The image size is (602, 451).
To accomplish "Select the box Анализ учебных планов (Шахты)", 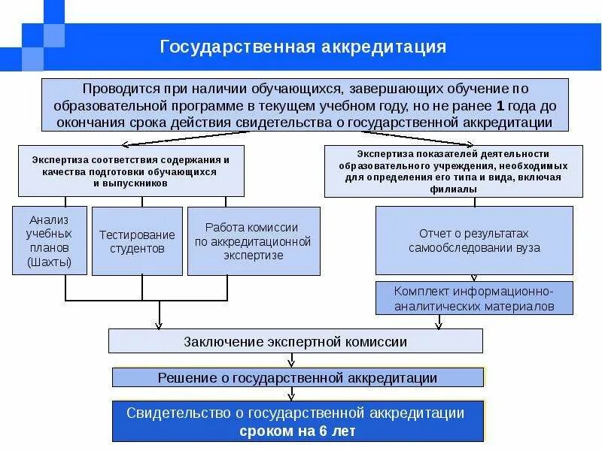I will [50, 241].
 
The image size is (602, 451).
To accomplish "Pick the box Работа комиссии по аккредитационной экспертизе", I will [253, 241].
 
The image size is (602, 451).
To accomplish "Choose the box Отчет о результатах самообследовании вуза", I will [474, 241].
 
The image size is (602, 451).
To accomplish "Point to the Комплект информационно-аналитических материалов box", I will [474, 298].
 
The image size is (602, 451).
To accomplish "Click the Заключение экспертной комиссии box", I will [296, 342].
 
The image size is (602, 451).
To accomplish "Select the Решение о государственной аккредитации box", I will [297, 377].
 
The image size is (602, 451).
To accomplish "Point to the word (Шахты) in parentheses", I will [50, 262].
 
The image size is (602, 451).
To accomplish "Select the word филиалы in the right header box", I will [454, 191].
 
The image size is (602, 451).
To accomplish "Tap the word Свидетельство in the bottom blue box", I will [175, 413].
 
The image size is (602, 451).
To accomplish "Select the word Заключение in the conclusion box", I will [222, 342].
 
